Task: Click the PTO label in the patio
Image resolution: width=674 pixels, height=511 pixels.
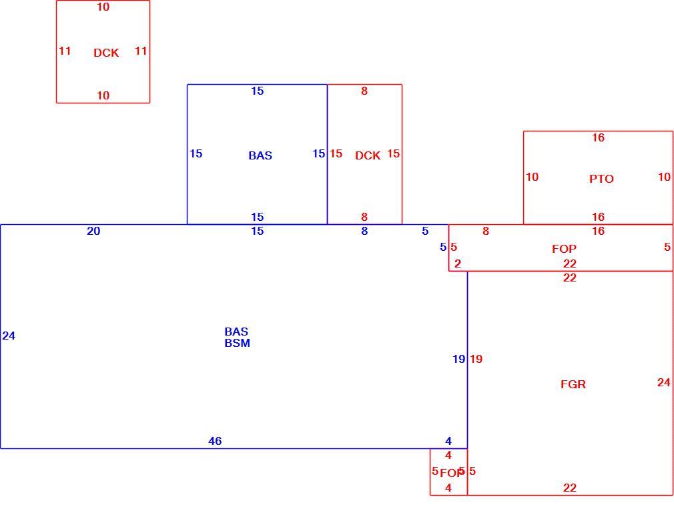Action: point(601,179)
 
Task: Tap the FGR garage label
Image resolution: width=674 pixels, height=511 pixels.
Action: point(573,384)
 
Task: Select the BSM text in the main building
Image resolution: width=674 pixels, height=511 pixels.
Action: point(238,343)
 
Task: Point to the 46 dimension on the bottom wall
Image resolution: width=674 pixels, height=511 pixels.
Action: point(215,441)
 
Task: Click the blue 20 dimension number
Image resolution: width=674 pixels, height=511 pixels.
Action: point(93,231)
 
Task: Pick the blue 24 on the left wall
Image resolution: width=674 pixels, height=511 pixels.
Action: point(9,336)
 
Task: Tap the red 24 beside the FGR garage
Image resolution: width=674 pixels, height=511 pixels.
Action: point(664,382)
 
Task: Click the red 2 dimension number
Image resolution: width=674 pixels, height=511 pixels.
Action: point(458,264)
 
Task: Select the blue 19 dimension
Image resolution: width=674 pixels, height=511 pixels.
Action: point(458,359)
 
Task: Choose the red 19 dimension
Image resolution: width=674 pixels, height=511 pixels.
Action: point(476,359)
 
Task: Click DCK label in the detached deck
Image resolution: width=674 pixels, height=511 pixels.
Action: point(106,53)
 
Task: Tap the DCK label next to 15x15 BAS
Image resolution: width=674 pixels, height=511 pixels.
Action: point(368,155)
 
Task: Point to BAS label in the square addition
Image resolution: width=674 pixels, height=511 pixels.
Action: point(260,155)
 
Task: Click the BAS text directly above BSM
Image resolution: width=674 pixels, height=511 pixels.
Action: point(236,332)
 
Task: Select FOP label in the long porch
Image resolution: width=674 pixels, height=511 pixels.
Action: point(564,249)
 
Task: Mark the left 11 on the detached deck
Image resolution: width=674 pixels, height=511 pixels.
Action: point(65,51)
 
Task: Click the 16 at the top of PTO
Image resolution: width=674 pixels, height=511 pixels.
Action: point(598,137)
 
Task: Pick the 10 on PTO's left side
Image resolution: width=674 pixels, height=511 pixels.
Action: point(532,177)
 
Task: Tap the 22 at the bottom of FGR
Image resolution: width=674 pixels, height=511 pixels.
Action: point(569,488)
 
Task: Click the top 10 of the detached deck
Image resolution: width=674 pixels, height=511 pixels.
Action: point(103,7)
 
